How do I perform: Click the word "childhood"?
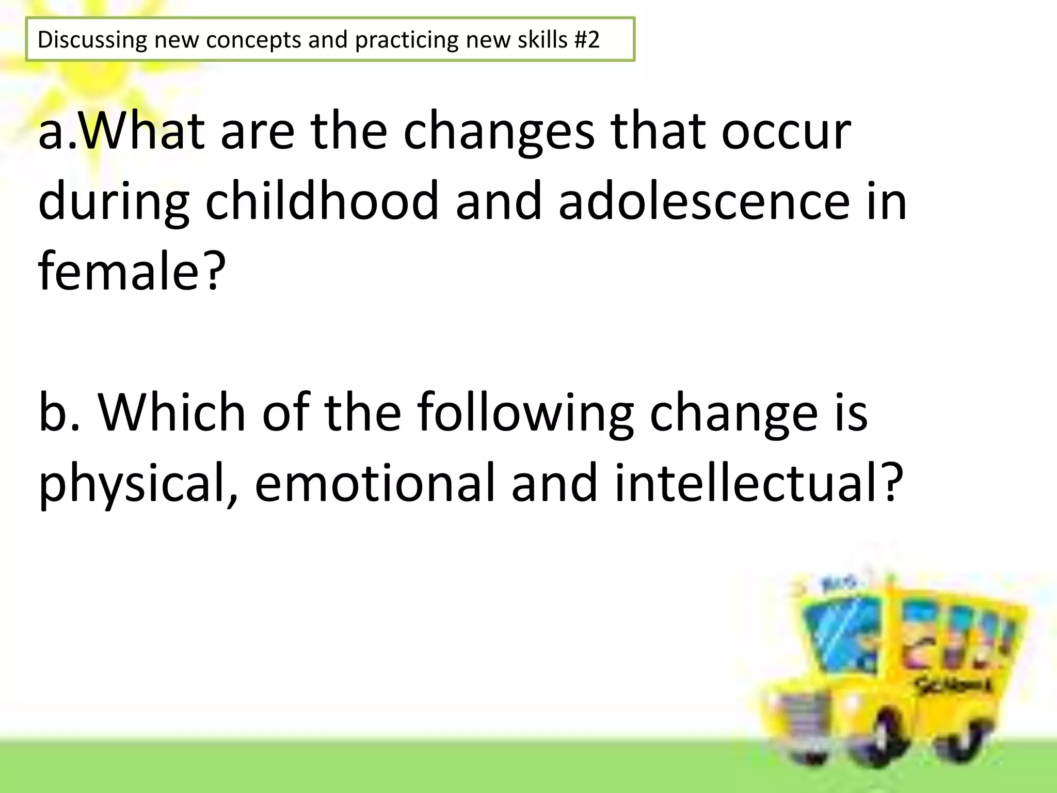click(322, 201)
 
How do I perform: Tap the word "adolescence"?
click(704, 201)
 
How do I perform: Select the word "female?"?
click(132, 271)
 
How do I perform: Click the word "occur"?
click(786, 132)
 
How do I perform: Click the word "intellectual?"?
click(759, 482)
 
